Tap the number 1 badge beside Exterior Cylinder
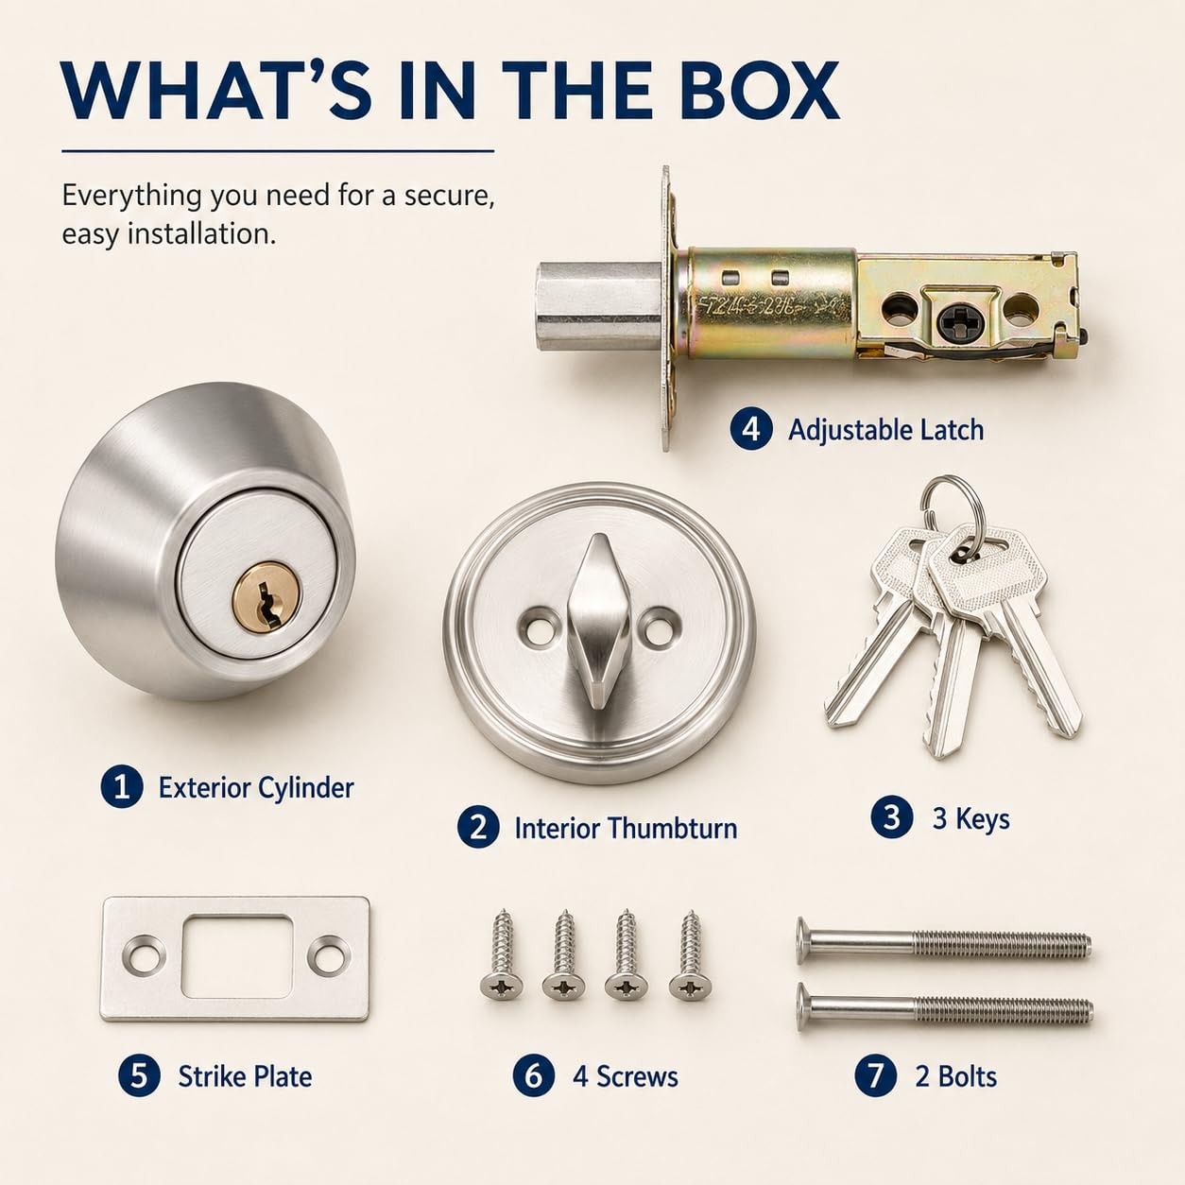(x=122, y=786)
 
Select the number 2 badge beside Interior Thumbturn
(x=478, y=827)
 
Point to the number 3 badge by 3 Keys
(x=892, y=818)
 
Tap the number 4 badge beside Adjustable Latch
(x=751, y=429)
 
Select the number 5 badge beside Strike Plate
(x=140, y=1092)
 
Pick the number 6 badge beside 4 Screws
(x=534, y=1092)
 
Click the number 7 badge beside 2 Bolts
(x=876, y=1092)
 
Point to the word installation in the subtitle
(x=200, y=234)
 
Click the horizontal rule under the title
(x=278, y=151)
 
